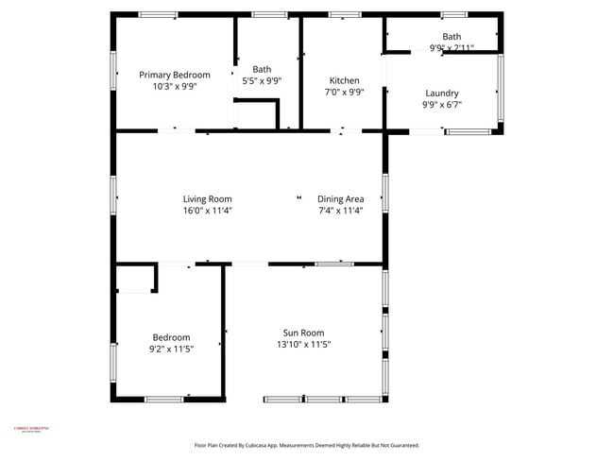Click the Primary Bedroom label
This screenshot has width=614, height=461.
pos(175,75)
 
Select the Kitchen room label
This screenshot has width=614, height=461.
pos(344,80)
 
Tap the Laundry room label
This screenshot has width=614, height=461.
pos(442,94)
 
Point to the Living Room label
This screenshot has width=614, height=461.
pos(207,199)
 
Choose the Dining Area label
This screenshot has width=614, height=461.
pos(341,199)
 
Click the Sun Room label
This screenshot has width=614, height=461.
pos(303,333)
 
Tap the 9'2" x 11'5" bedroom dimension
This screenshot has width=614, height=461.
pos(171,350)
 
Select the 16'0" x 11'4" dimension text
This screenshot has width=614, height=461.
pos(207,211)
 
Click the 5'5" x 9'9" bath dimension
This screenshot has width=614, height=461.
pos(262,80)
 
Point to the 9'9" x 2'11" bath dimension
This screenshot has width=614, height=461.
pos(452,47)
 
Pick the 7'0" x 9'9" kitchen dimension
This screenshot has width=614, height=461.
pos(344,93)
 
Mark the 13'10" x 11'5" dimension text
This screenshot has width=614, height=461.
pos(303,345)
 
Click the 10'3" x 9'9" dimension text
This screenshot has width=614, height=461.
pos(175,86)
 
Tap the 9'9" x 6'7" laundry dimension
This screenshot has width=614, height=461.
pos(442,106)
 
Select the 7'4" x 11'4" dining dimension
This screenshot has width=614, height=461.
pos(341,211)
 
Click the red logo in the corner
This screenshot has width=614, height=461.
pos(29,431)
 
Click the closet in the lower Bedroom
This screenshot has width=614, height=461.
pos(135,281)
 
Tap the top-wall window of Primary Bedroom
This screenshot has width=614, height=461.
pos(158,14)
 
